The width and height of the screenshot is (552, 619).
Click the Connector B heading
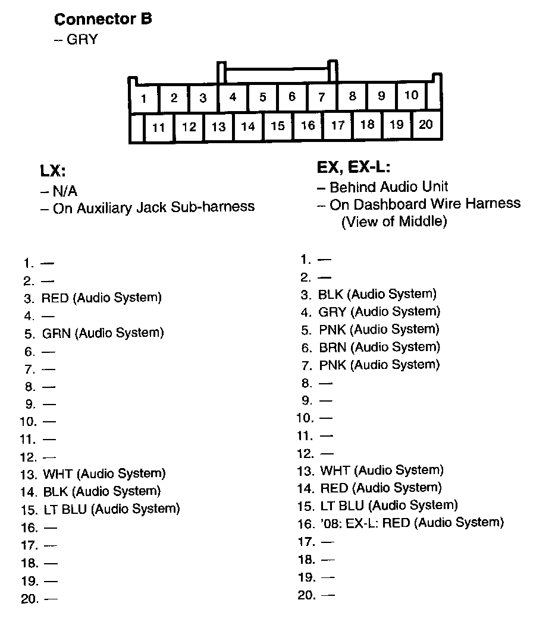click(x=103, y=19)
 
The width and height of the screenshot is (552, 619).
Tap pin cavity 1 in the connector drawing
click(x=144, y=99)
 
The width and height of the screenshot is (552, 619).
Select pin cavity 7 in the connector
click(x=322, y=97)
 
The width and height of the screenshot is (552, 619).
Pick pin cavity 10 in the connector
click(x=411, y=95)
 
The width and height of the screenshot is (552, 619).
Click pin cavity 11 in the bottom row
click(x=158, y=127)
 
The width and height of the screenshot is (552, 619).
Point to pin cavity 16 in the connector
click(x=308, y=125)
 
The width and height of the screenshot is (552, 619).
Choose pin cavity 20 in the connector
click(x=426, y=124)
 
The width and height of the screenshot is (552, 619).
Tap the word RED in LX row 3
click(x=55, y=298)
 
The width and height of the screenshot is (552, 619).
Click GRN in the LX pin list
click(x=57, y=333)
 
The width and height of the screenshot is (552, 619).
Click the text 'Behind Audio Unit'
click(x=388, y=187)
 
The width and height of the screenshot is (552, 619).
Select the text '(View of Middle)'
click(x=393, y=222)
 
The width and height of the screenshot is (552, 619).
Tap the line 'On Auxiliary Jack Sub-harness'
click(x=153, y=207)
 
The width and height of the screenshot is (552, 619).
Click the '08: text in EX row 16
click(x=328, y=523)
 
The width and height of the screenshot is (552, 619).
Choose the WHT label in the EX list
click(x=335, y=470)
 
